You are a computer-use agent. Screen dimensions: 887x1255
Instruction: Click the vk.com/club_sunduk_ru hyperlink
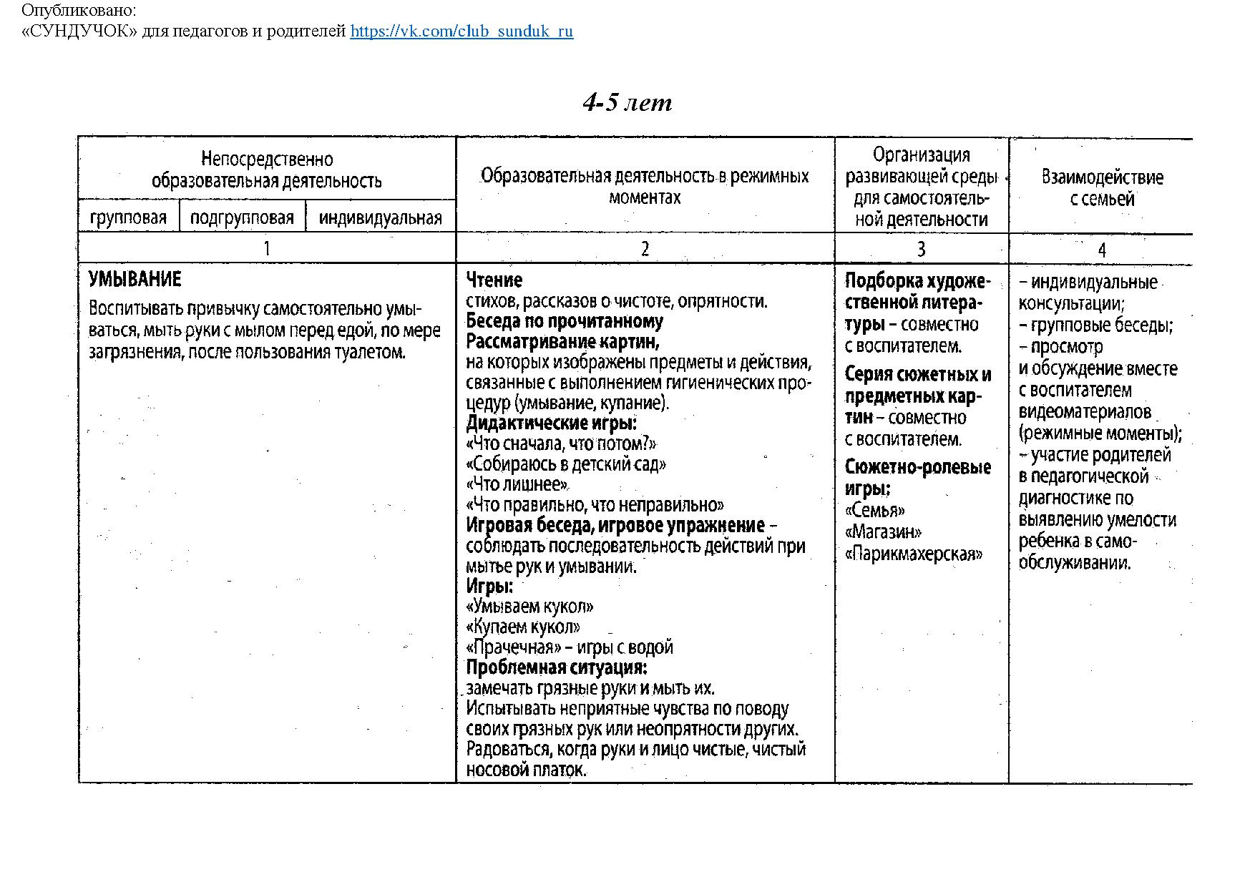tap(462, 31)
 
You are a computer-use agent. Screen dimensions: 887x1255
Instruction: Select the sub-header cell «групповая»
tap(129, 218)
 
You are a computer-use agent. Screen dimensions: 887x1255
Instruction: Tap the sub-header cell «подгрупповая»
tap(242, 218)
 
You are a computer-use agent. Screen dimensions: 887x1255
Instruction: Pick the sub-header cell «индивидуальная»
tap(380, 218)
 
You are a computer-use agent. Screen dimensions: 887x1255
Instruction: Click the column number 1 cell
tap(267, 249)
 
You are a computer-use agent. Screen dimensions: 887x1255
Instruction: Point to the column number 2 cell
tap(645, 249)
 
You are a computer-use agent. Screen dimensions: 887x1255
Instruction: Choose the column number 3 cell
tap(921, 249)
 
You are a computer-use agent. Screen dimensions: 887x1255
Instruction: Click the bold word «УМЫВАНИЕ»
tap(135, 279)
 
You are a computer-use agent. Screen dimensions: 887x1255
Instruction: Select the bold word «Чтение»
tap(494, 280)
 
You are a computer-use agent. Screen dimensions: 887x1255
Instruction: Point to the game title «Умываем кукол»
tap(529, 607)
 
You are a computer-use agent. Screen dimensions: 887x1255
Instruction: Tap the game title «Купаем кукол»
tap(523, 627)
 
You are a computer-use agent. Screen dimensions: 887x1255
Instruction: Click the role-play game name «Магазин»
tap(883, 532)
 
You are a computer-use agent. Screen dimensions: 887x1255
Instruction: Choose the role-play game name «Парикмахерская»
tap(914, 554)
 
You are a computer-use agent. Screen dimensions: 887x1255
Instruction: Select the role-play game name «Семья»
tap(875, 511)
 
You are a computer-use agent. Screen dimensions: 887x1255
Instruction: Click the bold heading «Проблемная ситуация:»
tap(557, 668)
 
